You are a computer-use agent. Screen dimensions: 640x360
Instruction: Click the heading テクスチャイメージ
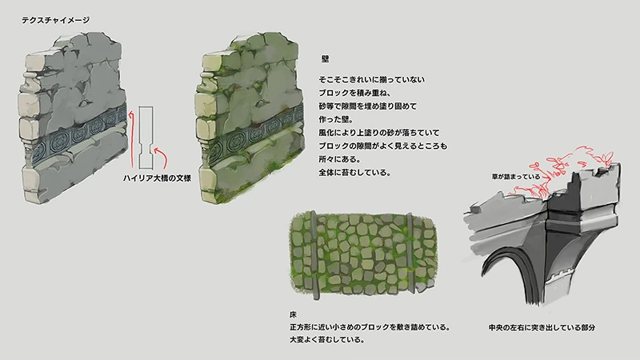55,20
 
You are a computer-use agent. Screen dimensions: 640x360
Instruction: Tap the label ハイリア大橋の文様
157,178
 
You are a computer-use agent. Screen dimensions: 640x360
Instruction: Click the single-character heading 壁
325,59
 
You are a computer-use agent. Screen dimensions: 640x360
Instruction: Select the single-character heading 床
293,314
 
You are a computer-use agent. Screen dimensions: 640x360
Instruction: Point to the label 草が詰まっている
516,177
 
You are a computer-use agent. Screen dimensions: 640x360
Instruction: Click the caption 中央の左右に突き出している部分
542,327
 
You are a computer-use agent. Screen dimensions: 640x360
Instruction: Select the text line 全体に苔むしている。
354,172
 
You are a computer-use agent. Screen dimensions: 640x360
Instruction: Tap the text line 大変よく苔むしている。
327,339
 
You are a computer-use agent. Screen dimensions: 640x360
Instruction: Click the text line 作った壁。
336,119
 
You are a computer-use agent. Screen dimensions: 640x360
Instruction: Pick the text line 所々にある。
339,158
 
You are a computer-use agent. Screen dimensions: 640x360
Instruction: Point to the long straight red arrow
131,138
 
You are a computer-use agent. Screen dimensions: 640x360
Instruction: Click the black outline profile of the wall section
146,138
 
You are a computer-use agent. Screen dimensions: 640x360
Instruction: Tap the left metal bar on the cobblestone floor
314,255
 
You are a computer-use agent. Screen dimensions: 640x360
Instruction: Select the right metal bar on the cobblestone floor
411,253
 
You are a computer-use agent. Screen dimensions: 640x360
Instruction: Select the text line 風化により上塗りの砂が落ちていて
379,133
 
